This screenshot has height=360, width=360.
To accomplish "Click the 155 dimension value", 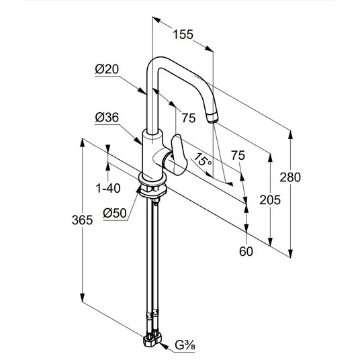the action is [183, 35].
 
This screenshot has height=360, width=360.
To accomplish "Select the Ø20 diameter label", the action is [107, 69].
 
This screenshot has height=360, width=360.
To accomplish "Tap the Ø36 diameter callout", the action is [107, 118].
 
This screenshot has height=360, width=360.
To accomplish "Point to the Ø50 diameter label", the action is [115, 213].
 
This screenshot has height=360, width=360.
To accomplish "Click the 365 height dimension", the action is [82, 220].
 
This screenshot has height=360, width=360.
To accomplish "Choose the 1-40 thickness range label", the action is [108, 189].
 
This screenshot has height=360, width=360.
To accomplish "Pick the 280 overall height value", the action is [290, 177].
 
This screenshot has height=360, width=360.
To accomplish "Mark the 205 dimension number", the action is [270, 199].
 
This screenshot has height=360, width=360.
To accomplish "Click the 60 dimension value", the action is [246, 251].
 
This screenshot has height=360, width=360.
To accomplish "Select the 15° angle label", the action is [203, 160].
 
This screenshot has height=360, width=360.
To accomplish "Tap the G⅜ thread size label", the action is [185, 345].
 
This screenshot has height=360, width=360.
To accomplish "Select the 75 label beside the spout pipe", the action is [189, 118].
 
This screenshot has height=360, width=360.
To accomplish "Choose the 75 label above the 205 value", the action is [238, 155].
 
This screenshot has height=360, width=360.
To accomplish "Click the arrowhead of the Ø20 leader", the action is [142, 91].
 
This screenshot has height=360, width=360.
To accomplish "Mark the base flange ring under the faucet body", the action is [152, 180].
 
